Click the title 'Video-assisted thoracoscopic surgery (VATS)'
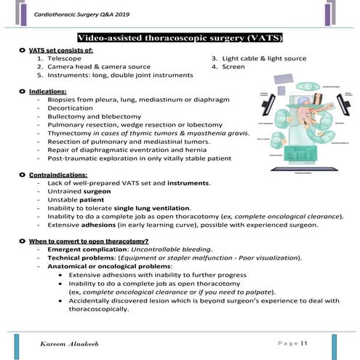click(180, 37)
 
